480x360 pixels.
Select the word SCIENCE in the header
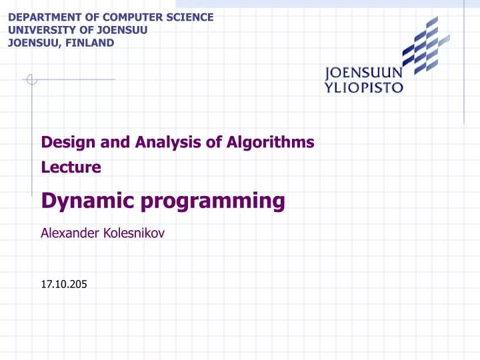pyautogui.click(x=191, y=17)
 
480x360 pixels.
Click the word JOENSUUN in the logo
pyautogui.click(x=363, y=73)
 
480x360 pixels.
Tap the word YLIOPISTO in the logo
pyautogui.click(x=363, y=87)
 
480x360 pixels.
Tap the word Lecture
pyautogui.click(x=71, y=167)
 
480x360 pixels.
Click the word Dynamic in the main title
pyautogui.click(x=83, y=201)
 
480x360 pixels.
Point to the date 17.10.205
pyautogui.click(x=64, y=285)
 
